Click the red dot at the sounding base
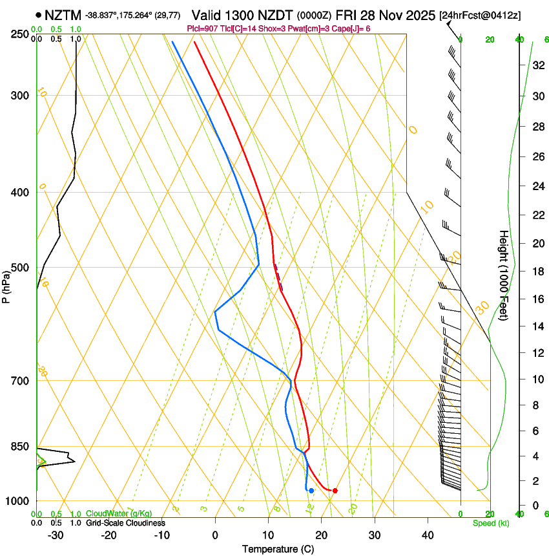coord(335,491)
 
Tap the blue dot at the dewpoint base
coord(311,491)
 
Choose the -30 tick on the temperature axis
coord(56,535)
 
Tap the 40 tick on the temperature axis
coord(428,535)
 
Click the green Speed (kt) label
coord(491,523)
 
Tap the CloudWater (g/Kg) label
coord(119,514)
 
